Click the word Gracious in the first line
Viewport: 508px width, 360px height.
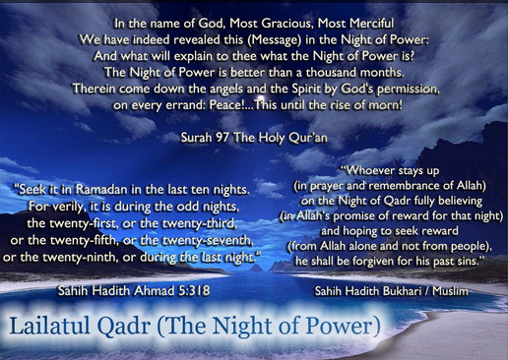point(288,24)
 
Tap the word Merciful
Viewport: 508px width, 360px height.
point(372,24)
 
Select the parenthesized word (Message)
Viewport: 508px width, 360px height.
point(275,40)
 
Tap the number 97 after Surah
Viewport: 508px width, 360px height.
point(222,138)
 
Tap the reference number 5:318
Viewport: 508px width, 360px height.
point(194,290)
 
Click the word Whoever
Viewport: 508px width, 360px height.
point(367,170)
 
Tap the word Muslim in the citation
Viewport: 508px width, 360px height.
point(450,291)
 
